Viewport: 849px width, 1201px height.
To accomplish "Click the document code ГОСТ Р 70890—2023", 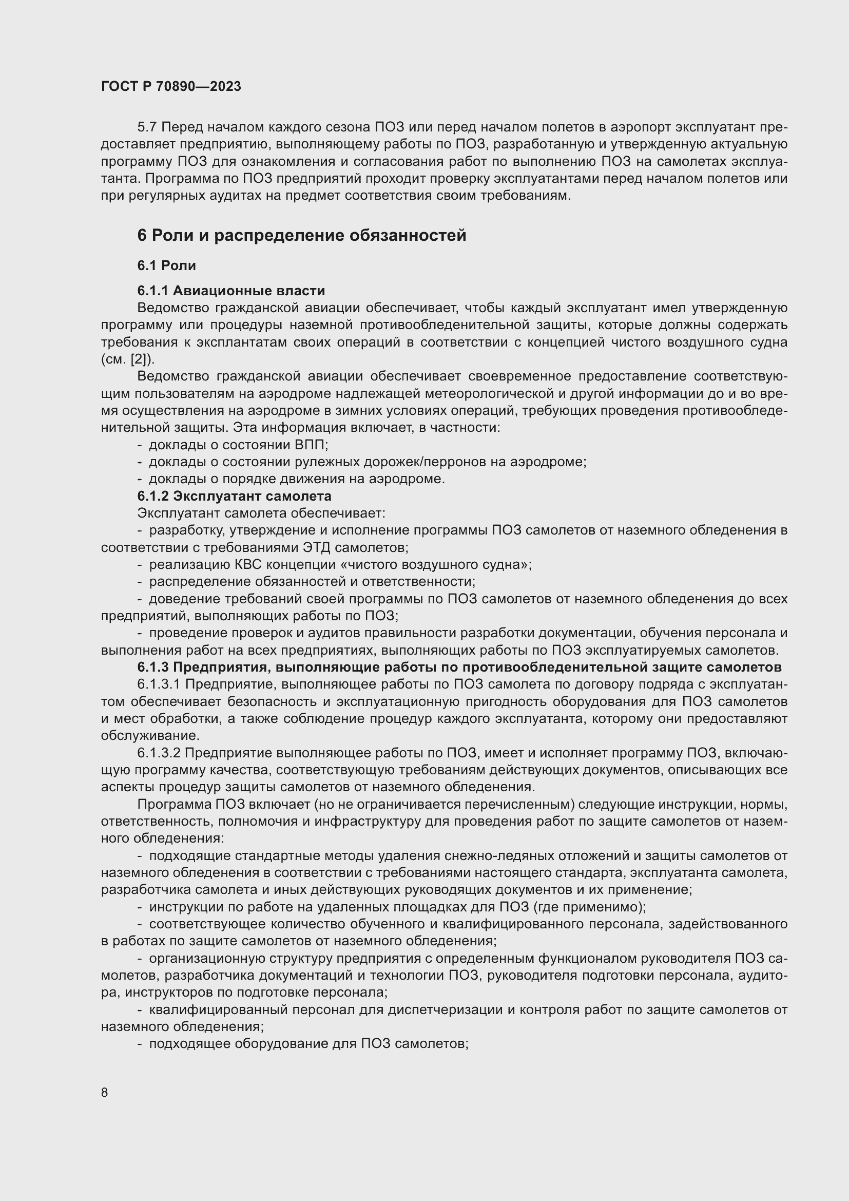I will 171,86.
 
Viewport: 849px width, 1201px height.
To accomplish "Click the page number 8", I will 105,1092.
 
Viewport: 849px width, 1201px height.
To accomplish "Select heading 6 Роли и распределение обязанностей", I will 302,235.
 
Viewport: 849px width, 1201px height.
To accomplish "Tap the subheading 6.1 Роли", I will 167,266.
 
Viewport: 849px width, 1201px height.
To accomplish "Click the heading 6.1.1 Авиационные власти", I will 231,290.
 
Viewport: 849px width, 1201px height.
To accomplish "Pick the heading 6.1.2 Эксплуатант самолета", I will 234,495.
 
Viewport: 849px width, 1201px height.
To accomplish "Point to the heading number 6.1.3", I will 153,667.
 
